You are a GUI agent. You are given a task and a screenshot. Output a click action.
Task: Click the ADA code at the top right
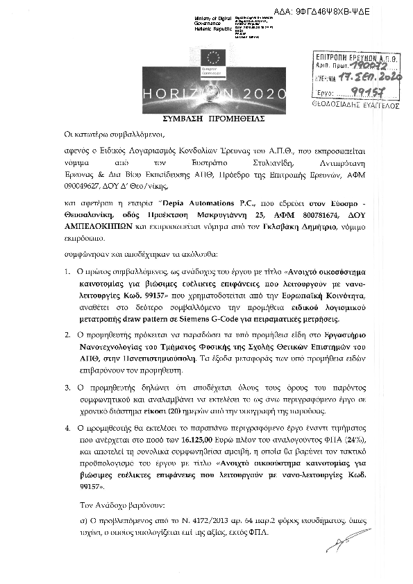click(x=333, y=12)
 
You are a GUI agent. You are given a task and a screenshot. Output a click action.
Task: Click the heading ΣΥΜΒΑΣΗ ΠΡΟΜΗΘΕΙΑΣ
click(x=208, y=119)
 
